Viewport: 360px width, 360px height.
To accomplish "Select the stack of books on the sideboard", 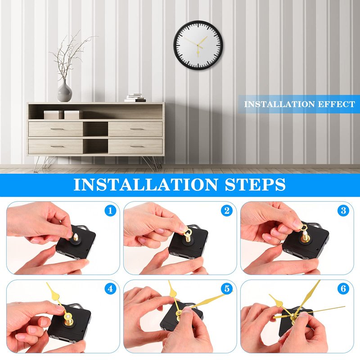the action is pos(135,98).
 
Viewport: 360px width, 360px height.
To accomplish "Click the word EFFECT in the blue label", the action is pos(336,104).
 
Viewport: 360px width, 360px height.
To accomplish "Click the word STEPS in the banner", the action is pos(255,184).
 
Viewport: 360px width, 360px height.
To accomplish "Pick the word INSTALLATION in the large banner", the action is pos(145,184).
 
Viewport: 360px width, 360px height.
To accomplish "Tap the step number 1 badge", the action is pos(110,211).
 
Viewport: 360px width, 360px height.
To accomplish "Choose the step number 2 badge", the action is pos(227,211).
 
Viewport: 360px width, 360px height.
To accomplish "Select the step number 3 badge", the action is pos(343,211).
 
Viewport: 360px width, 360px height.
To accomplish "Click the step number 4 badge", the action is pos(110,288).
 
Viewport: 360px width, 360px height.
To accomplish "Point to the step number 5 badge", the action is pos(227,288).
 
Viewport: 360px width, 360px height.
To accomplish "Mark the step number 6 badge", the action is pos(343,288).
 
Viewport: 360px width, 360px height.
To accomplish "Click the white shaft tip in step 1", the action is pos(75,237).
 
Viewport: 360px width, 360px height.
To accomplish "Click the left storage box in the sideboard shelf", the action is pos(53,115).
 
